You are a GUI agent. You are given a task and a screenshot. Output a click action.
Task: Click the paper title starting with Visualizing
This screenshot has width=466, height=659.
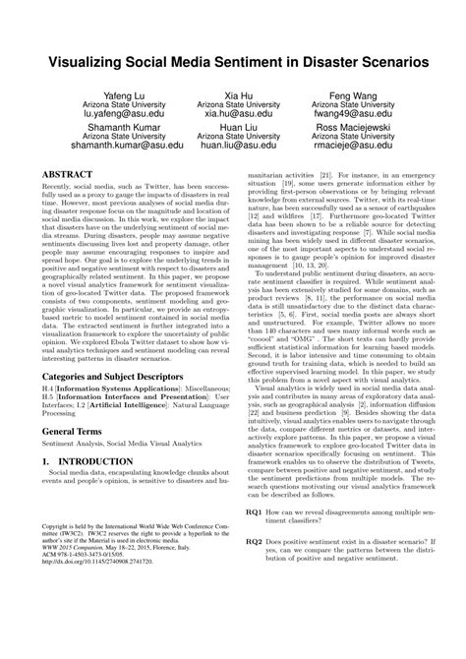pos(233,60)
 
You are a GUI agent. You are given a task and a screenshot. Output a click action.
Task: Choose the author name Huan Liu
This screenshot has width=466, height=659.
pos(233,130)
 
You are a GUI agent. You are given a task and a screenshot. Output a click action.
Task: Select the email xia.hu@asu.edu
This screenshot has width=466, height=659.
pos(233,114)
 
